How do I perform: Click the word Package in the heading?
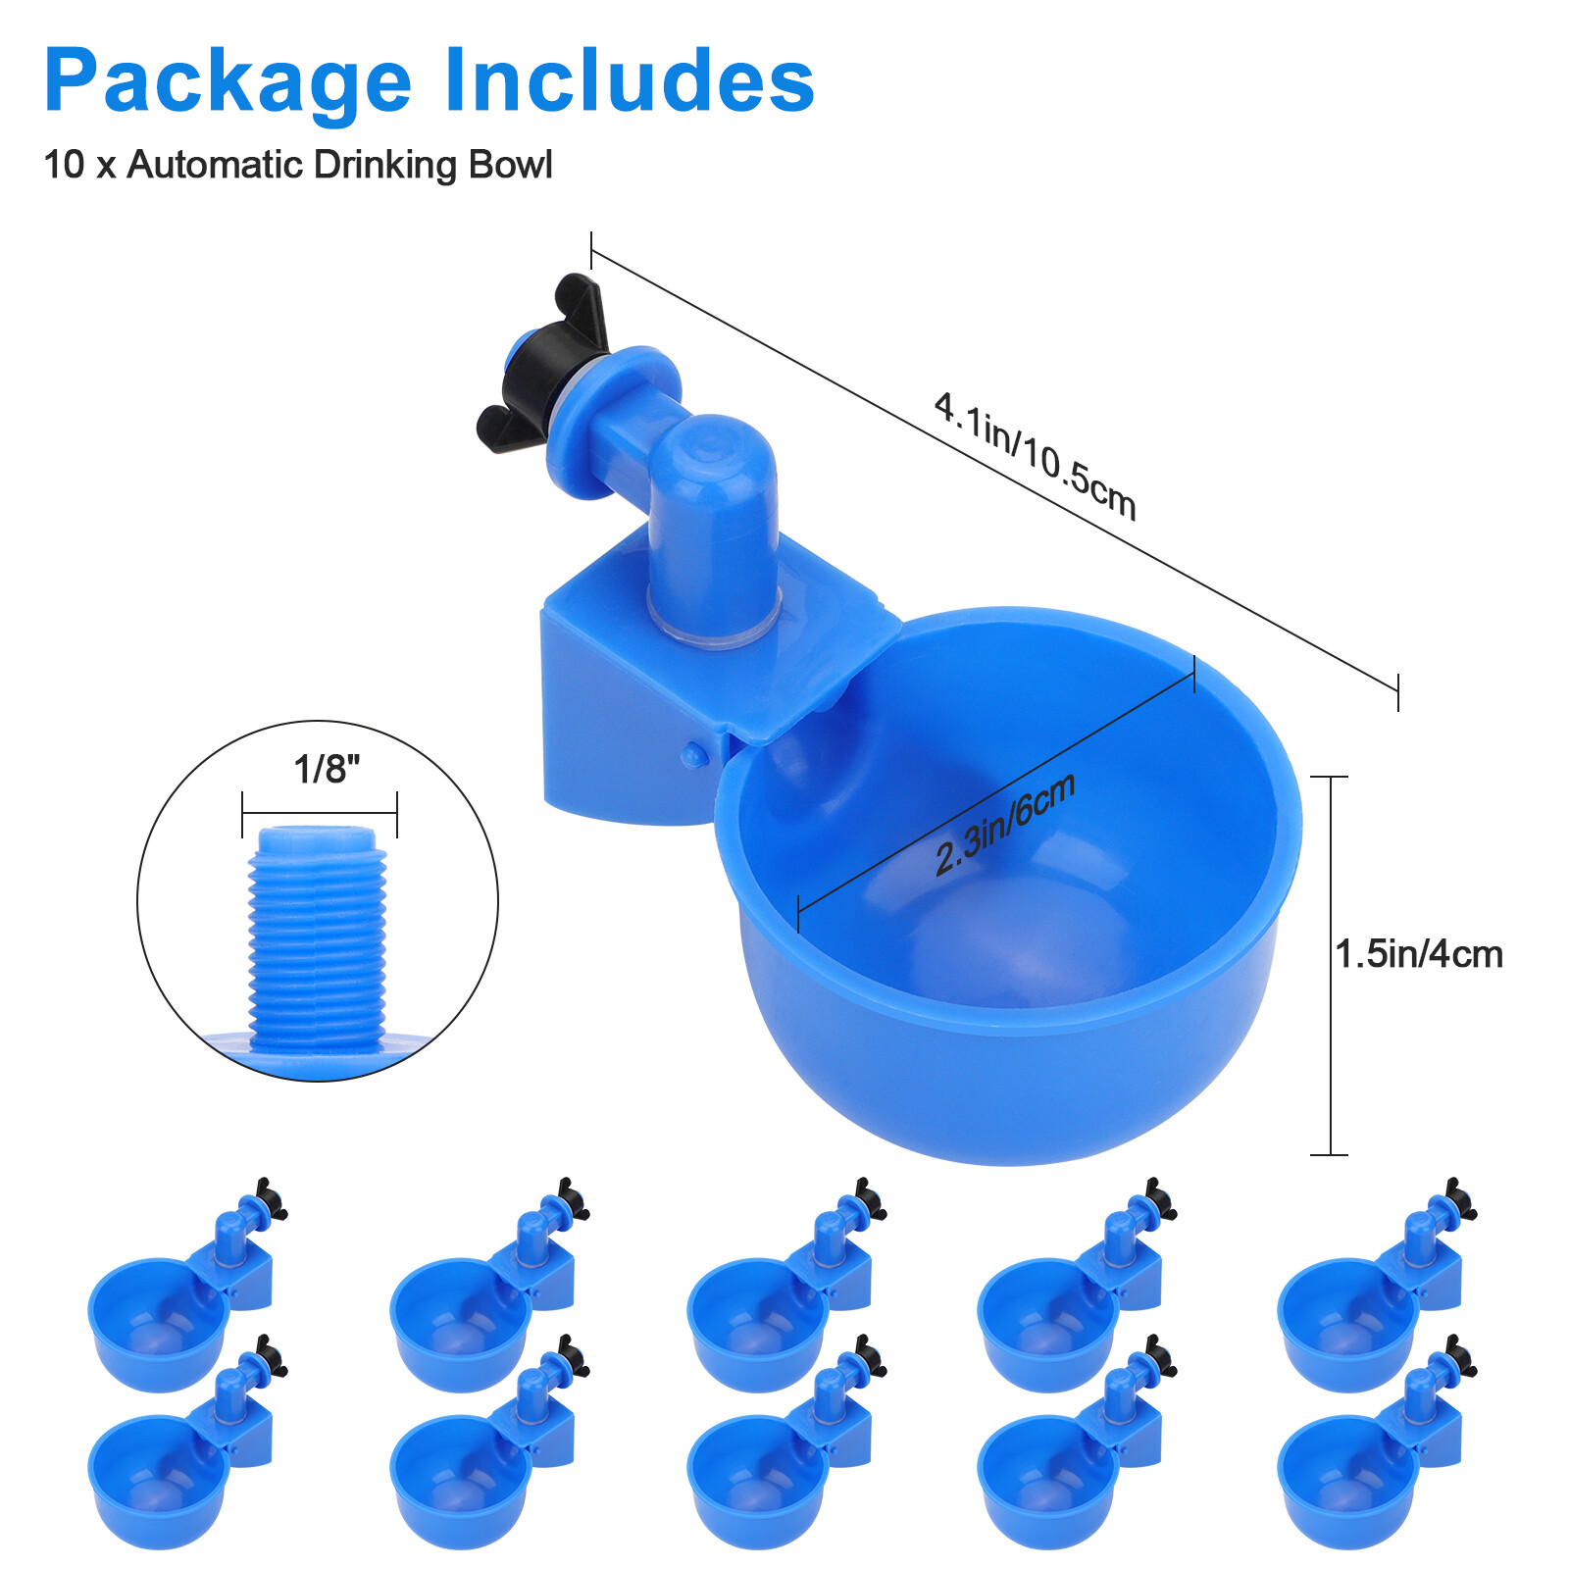228,82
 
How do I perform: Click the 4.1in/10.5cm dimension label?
1035,455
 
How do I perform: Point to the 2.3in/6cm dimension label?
1005,824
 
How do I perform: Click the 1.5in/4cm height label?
1419,954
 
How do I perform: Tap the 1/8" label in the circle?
327,770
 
